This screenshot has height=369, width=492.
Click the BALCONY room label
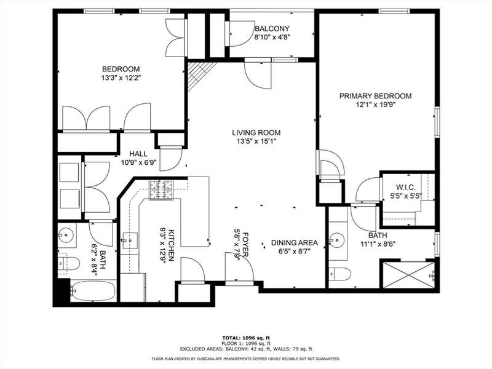[x=272, y=28]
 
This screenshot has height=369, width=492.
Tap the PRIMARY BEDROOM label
[x=375, y=96]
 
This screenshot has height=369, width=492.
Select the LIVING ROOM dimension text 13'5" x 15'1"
[x=256, y=141]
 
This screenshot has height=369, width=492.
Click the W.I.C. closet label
[x=405, y=188]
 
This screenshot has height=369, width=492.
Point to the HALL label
[x=138, y=154]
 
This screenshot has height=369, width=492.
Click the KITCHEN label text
[x=172, y=245]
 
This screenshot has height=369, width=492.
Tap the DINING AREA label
[x=295, y=243]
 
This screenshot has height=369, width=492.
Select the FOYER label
[x=245, y=245]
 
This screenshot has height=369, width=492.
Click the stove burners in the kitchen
[x=161, y=190]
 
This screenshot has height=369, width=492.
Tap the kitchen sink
[x=130, y=240]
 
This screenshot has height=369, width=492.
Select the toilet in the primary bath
[x=340, y=274]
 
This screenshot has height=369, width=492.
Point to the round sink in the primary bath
[x=337, y=240]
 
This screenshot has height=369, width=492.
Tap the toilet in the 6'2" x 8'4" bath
[x=68, y=263]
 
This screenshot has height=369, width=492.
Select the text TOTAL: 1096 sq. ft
[x=246, y=338]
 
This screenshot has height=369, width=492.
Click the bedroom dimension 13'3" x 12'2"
[x=121, y=77]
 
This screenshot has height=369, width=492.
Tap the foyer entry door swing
[x=240, y=267]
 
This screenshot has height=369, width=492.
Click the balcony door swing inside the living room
[x=258, y=75]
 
